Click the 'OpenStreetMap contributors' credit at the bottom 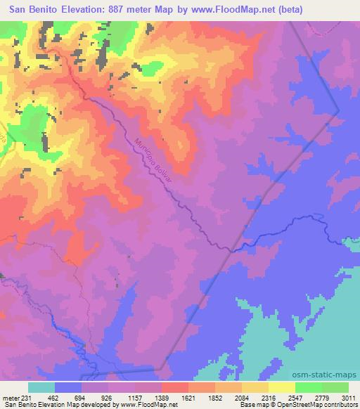[x=318, y=405]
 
